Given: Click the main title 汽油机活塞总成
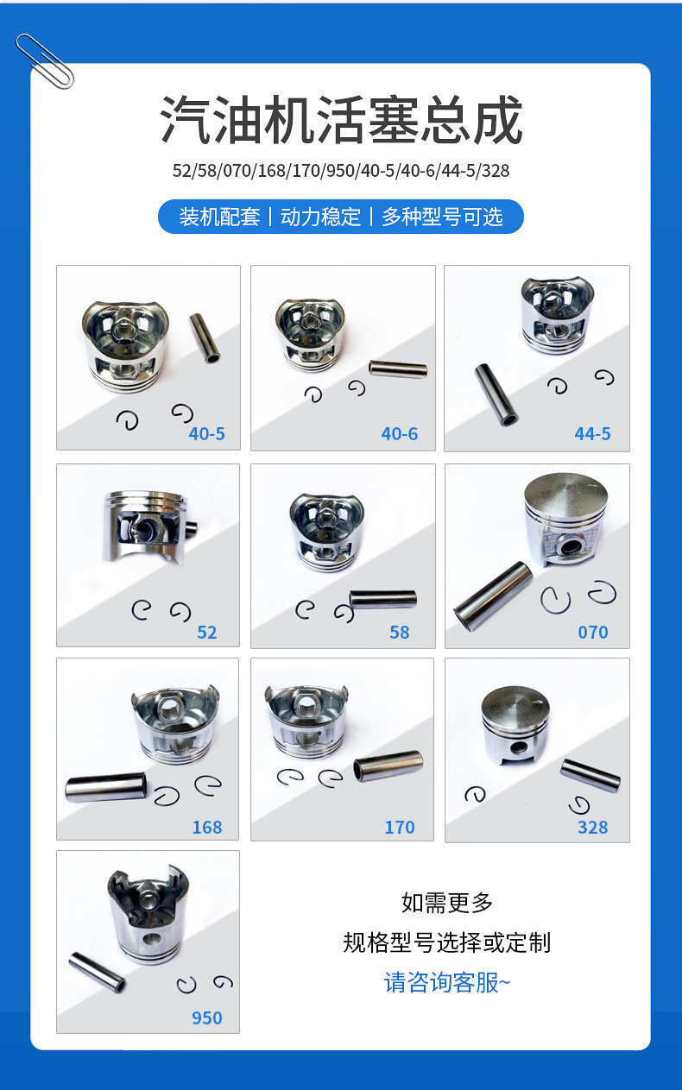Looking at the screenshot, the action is click(x=341, y=120).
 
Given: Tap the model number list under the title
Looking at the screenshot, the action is click(x=341, y=171).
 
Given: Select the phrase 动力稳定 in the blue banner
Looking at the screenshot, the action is click(x=320, y=217).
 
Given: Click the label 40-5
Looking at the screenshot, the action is click(x=207, y=433).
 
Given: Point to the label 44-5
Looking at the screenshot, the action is click(x=592, y=433).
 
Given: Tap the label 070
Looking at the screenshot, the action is click(x=593, y=632).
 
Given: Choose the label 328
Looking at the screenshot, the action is click(x=593, y=828).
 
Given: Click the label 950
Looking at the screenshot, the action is click(x=207, y=1018).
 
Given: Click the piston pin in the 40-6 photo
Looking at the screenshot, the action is click(x=398, y=369).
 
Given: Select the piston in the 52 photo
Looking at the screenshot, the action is click(x=148, y=526).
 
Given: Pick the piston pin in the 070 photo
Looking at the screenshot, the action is click(x=493, y=595).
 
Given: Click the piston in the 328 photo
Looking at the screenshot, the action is click(x=515, y=725).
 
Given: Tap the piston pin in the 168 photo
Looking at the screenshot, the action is click(x=105, y=787).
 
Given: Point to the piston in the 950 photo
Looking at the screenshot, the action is click(x=148, y=914).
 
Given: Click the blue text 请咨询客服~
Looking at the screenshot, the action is click(x=447, y=982).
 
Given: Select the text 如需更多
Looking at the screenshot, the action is click(x=447, y=903).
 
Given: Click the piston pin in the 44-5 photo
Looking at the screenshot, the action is click(x=496, y=394).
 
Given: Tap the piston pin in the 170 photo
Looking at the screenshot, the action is click(x=388, y=766).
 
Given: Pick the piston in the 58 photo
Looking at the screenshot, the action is click(x=327, y=532).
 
